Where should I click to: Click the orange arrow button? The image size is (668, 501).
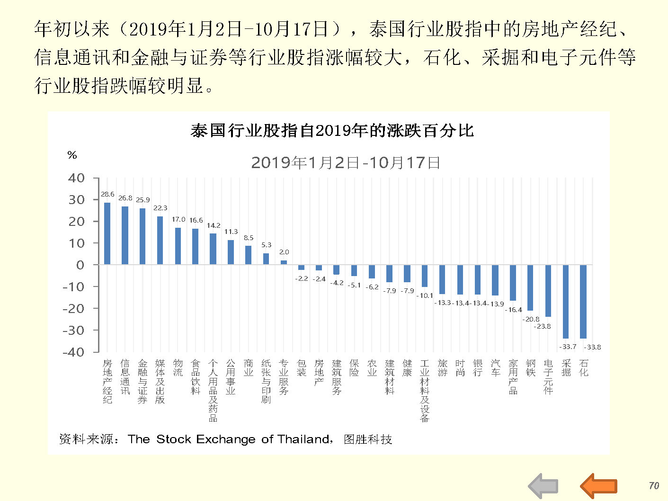coord(599,486)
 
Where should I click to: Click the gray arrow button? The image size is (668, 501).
coord(543,486)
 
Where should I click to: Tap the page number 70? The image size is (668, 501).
coord(654,485)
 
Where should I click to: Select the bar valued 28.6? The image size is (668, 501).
coord(107,233)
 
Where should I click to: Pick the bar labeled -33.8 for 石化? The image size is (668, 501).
coord(583,301)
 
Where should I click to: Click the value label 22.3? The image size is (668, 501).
coord(160,208)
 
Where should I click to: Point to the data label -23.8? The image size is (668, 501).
coord(543,326)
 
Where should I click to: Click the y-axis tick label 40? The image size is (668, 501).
coord(76,179)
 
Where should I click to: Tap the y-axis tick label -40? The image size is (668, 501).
coord(73,352)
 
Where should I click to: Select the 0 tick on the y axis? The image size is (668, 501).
coord(80,265)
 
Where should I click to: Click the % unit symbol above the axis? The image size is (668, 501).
coord(72,155)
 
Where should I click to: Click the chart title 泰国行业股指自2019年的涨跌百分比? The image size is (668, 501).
coord(332,130)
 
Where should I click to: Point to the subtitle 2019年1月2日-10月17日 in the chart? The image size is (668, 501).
coord(346,163)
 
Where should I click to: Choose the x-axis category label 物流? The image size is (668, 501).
coord(178,368)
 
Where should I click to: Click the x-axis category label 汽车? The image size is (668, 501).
coord(495,368)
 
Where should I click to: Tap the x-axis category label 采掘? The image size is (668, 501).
coord(566,368)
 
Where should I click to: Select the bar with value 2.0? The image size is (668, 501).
coord(284,262)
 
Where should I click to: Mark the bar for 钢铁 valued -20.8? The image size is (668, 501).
coord(530,287)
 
